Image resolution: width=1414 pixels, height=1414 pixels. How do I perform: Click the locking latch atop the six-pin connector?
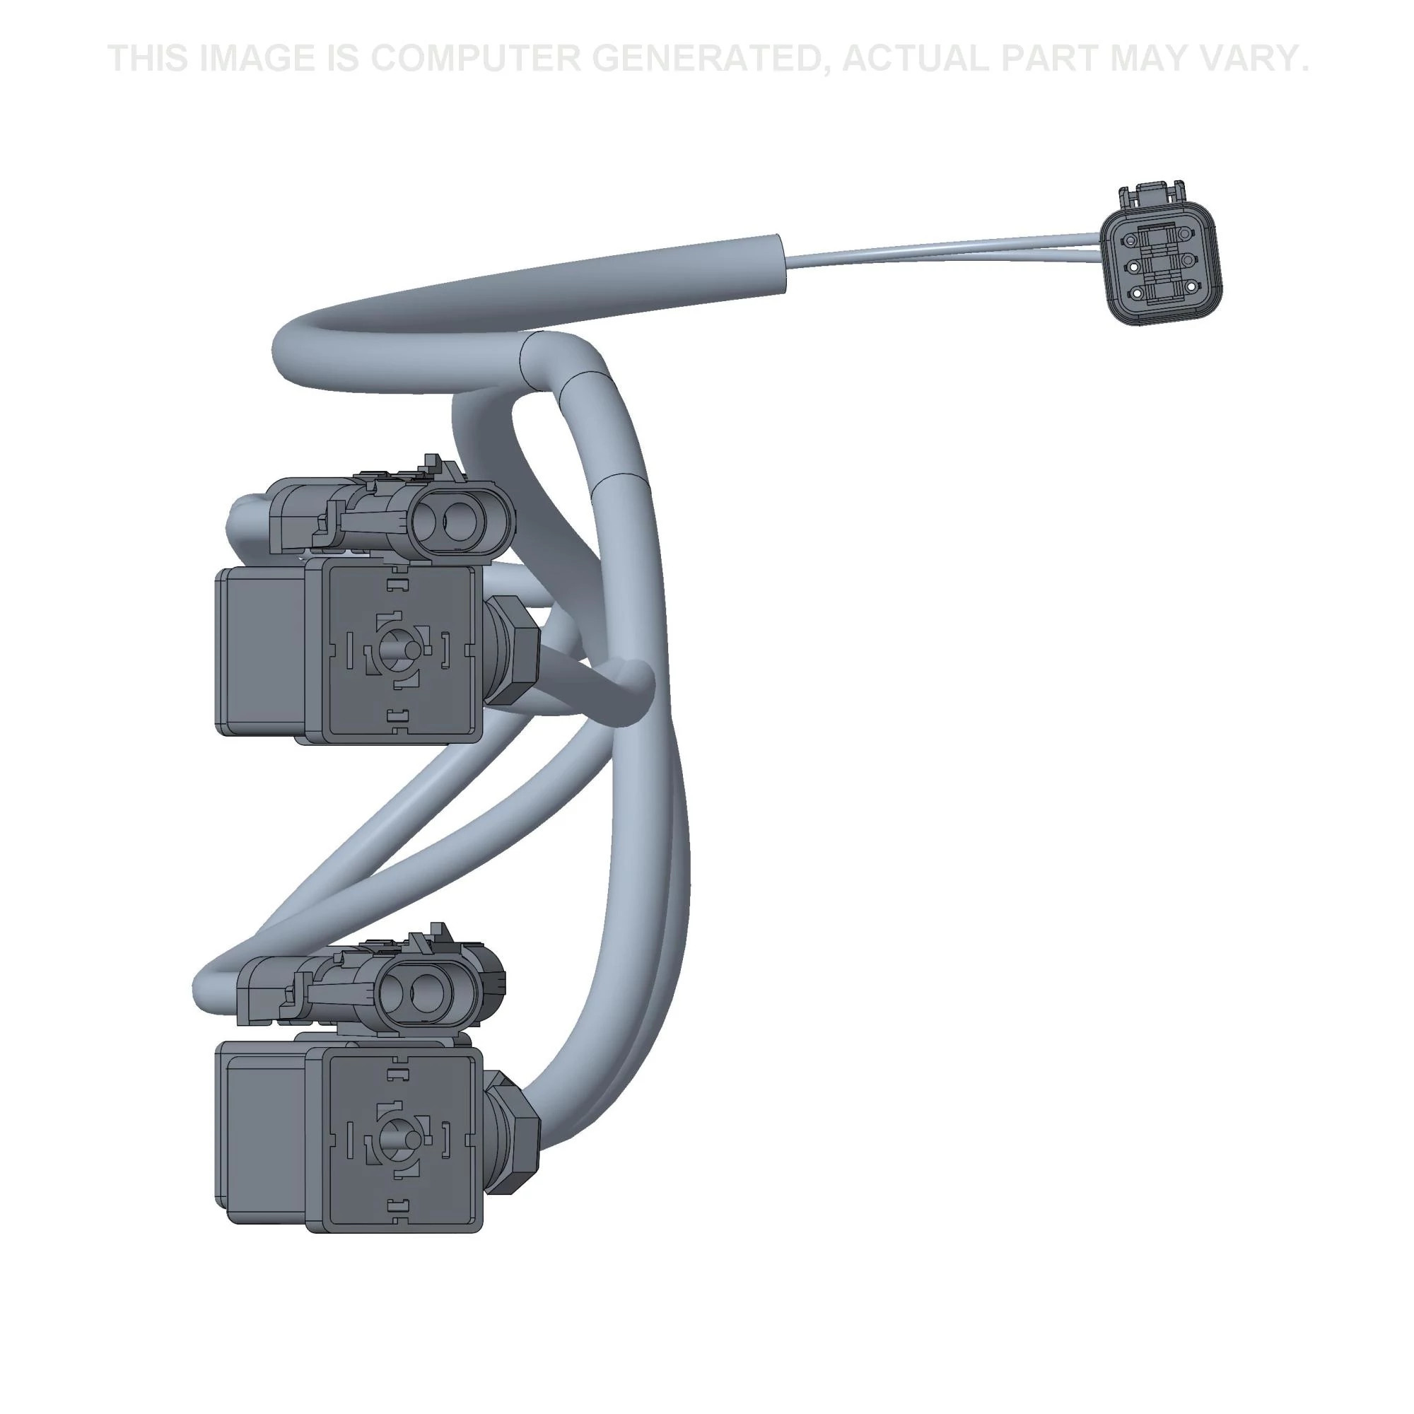pos(1150,194)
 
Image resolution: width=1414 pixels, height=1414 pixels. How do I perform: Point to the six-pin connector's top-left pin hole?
pos(1131,240)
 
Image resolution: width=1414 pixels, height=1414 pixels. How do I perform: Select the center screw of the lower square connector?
pos(399,1140)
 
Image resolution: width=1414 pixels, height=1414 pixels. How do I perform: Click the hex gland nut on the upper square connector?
pos(517,650)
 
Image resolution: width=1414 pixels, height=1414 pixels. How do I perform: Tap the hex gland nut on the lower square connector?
pos(517,1140)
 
